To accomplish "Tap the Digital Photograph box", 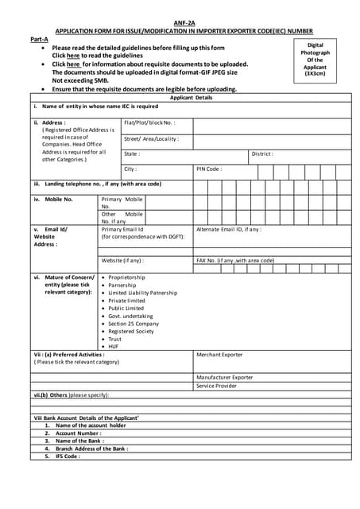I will pyautogui.click(x=315, y=60).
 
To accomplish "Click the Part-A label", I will pyautogui.click(x=39, y=38).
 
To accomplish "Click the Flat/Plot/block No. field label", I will pyautogui.click(x=149, y=122).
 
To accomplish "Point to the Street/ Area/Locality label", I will pyautogui.click(x=151, y=138).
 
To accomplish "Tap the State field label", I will pyautogui.click(x=131, y=153).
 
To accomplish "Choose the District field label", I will pyautogui.click(x=262, y=153).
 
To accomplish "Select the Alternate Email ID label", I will pyautogui.click(x=228, y=229).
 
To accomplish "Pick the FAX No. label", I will pyautogui.click(x=234, y=260).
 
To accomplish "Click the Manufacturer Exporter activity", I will pyautogui.click(x=224, y=377).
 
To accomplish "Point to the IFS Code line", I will pyautogui.click(x=68, y=457).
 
